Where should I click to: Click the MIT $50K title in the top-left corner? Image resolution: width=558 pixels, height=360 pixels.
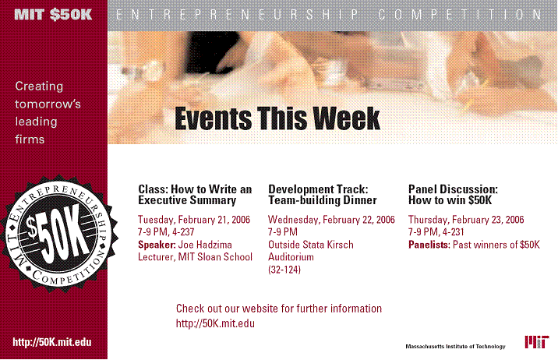click(x=53, y=15)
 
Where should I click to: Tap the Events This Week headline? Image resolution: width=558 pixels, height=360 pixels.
click(x=277, y=118)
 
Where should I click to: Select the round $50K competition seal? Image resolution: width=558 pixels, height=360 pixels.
click(x=59, y=233)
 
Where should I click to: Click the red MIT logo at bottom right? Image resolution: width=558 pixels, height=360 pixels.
click(x=537, y=342)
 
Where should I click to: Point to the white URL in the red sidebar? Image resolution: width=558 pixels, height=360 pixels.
click(x=52, y=342)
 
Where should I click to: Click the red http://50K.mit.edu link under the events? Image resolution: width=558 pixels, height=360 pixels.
click(x=215, y=323)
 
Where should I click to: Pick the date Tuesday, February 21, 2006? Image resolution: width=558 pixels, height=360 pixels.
click(x=194, y=220)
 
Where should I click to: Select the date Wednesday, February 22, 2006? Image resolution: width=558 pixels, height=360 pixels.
click(x=331, y=220)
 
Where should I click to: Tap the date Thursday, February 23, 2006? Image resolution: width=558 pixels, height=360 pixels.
click(x=466, y=220)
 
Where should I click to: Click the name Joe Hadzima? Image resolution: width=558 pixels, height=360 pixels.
click(x=205, y=245)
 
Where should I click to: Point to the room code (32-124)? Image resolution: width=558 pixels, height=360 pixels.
click(x=284, y=270)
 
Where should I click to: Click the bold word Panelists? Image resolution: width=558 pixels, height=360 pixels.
click(x=429, y=245)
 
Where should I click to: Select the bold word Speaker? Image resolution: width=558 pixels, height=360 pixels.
click(x=157, y=245)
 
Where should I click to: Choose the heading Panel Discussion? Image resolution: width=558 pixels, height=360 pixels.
click(x=453, y=189)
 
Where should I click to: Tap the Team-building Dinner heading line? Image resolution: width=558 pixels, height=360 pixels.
click(x=323, y=200)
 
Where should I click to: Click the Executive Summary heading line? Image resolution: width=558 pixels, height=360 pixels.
click(x=187, y=200)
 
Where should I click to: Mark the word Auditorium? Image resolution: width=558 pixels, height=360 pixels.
click(x=291, y=257)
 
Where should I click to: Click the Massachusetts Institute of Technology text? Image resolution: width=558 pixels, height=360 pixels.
click(x=455, y=347)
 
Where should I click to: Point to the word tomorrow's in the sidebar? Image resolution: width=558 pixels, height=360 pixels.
click(x=48, y=104)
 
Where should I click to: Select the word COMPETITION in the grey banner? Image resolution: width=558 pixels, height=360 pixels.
click(x=460, y=15)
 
